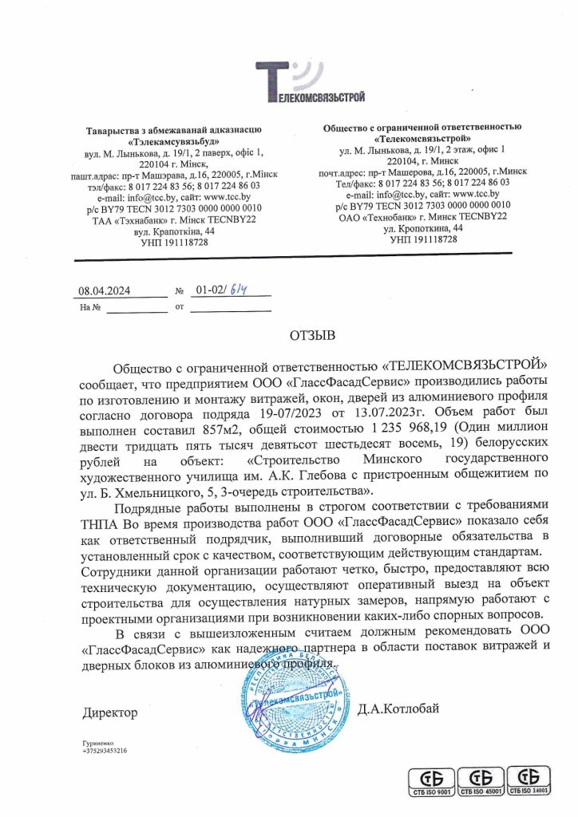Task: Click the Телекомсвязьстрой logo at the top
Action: pos(310,83)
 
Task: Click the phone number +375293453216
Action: pos(105,751)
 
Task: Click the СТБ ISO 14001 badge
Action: pos(531,780)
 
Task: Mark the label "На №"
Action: pos(89,306)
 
